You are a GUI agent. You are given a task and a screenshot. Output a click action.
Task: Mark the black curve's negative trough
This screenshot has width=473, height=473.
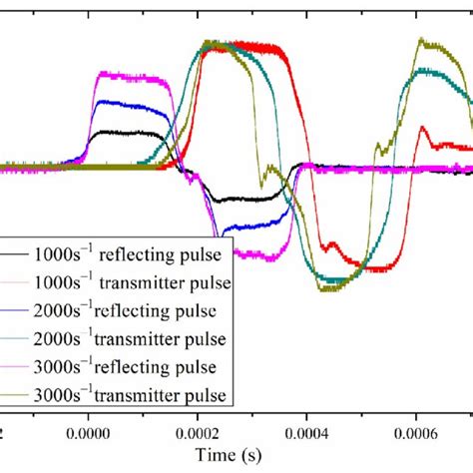pos(235,199)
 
